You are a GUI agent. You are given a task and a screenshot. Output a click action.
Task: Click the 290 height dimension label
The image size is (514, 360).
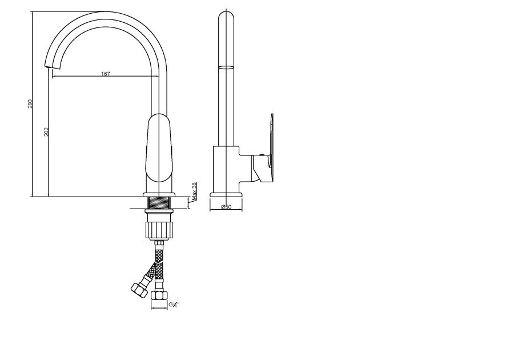(30, 104)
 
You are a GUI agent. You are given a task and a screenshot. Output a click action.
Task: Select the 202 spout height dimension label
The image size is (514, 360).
(46, 132)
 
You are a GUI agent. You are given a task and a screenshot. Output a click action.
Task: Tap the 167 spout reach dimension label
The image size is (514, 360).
(105, 74)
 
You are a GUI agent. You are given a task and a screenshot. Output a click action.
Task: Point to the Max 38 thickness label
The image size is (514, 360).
(194, 191)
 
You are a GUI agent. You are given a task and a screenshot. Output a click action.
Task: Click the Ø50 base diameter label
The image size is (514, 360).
(226, 206)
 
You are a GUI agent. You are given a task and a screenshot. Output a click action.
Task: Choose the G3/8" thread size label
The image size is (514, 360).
(174, 305)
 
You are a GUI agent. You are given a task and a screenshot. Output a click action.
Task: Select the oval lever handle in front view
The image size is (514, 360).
(159, 148)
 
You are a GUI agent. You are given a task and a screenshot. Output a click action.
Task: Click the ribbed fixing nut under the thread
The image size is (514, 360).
(159, 230)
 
